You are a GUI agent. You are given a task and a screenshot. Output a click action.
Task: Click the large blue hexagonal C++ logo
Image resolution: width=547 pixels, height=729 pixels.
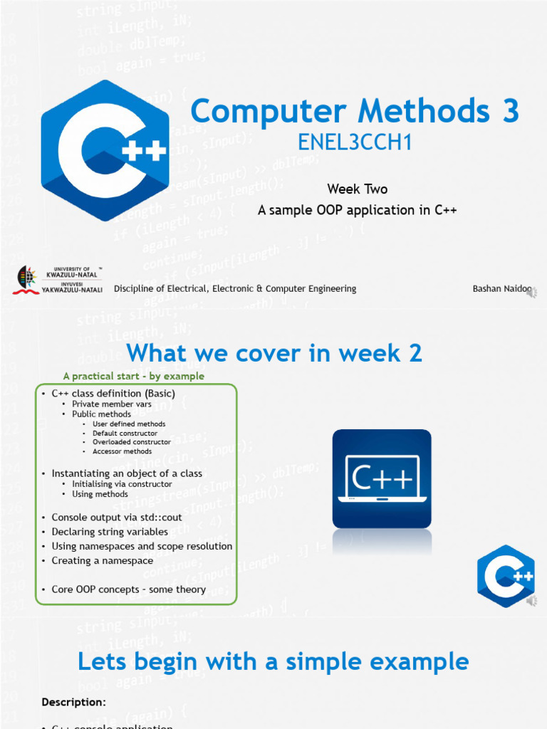click(105, 150)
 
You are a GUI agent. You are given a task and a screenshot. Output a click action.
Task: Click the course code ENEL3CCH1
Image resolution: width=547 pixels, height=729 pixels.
click(355, 144)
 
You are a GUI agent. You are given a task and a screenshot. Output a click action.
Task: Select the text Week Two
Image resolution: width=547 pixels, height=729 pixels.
click(357, 189)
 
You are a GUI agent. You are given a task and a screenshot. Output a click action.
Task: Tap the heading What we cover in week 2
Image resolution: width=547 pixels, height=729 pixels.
click(273, 352)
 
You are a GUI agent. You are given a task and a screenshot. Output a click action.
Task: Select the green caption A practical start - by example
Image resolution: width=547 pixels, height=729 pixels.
click(133, 376)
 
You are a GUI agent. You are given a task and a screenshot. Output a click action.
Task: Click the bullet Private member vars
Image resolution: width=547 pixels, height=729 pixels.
click(112, 404)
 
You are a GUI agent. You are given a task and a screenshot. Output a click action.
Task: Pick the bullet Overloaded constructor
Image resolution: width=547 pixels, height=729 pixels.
click(132, 441)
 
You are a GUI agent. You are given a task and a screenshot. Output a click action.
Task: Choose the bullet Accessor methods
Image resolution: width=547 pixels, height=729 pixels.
click(122, 451)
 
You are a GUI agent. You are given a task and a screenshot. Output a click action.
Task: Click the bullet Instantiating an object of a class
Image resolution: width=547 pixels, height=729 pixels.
click(127, 473)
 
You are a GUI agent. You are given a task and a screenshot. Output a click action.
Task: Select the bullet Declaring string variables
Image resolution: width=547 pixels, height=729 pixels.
click(110, 532)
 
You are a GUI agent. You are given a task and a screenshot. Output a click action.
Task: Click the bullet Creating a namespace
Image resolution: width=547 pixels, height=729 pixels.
click(103, 560)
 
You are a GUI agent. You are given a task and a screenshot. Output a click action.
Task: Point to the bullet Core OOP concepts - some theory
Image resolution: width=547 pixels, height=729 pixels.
click(128, 589)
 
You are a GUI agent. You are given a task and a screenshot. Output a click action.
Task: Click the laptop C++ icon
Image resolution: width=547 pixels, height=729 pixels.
click(381, 478)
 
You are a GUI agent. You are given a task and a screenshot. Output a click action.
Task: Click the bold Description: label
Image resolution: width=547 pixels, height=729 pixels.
click(74, 702)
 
